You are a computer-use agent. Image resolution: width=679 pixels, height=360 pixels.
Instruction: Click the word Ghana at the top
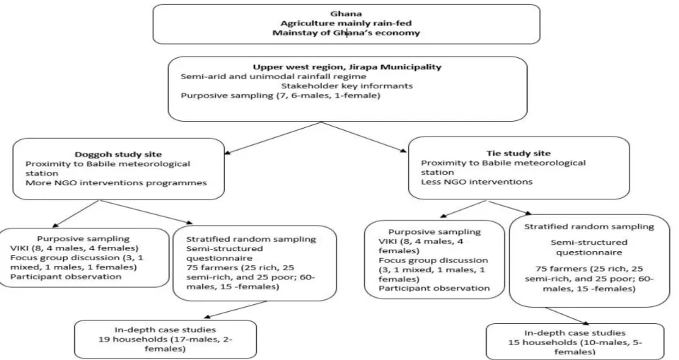click(346, 14)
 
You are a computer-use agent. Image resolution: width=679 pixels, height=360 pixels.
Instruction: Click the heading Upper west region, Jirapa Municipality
click(347, 66)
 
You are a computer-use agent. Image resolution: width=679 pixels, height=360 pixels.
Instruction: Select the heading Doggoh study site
click(118, 154)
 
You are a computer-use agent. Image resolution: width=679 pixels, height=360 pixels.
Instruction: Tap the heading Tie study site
click(518, 153)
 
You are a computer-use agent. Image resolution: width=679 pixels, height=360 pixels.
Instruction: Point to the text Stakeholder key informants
click(347, 86)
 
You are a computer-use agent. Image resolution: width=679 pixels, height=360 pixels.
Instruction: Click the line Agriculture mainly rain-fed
click(346, 23)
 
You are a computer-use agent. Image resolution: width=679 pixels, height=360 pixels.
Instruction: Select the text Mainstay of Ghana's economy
click(346, 33)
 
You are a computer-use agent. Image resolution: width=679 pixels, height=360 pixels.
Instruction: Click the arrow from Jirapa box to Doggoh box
click(272, 138)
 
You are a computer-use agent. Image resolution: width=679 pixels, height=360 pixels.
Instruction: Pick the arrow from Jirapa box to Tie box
click(364, 137)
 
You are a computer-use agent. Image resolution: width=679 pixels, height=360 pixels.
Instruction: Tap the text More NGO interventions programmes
click(116, 182)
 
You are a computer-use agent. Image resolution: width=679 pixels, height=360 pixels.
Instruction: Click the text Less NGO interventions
click(477, 182)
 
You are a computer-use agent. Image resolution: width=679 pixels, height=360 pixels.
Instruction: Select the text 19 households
click(129, 339)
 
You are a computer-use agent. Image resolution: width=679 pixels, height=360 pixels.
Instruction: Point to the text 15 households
click(539, 342)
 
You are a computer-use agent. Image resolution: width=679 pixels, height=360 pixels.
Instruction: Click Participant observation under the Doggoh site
click(66, 277)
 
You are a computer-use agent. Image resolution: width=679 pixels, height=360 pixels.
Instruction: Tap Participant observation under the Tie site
click(434, 288)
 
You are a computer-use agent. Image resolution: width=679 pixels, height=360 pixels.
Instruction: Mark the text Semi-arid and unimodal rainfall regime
click(273, 76)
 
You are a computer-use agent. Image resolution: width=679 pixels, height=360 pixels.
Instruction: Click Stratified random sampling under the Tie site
click(589, 226)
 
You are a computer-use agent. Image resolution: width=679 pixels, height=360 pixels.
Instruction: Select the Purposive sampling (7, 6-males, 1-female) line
click(281, 95)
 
